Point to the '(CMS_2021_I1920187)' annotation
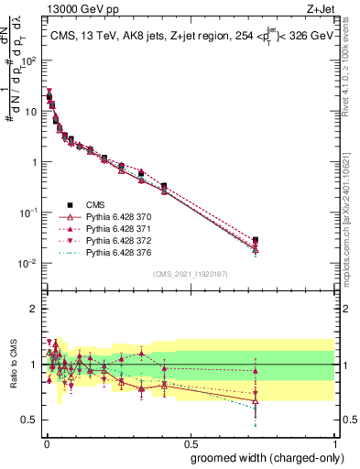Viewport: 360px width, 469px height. [x=190, y=274]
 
